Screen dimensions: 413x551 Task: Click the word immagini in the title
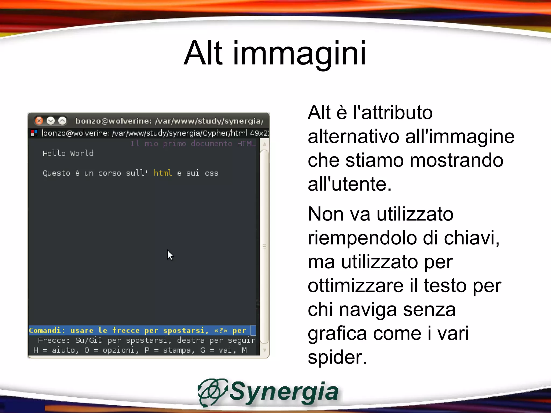pos(299,53)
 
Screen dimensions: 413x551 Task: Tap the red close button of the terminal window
pos(39,121)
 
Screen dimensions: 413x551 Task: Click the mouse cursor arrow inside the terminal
pos(170,255)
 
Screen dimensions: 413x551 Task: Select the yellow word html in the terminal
pos(163,173)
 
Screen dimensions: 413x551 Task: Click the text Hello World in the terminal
pos(68,153)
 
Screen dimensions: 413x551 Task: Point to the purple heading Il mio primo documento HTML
pos(193,144)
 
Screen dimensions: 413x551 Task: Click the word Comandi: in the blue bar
pos(45,330)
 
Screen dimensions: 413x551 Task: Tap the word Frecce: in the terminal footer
pos(54,340)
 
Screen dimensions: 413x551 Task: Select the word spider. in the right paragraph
pos(337,357)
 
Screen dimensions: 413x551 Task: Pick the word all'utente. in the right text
pos(349,184)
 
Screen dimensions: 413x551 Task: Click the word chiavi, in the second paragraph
pos(472,238)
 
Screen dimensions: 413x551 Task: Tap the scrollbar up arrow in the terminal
pos(264,144)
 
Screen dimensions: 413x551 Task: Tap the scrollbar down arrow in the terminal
pos(264,350)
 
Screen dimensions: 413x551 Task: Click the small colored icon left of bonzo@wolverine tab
pos(34,133)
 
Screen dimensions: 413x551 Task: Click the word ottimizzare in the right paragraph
pos(355,286)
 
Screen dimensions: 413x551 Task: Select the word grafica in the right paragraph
pos(337,333)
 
